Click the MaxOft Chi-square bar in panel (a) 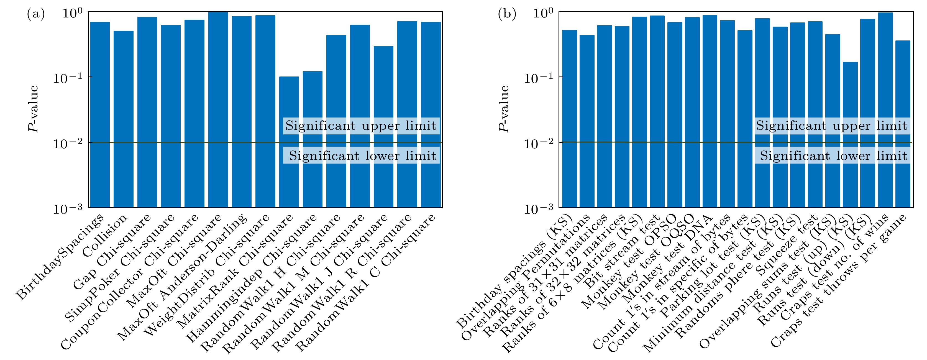coord(218,108)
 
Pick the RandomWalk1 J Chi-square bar coord(384,126)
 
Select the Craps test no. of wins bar coord(885,108)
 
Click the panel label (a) coord(36,14)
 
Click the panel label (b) coord(507,14)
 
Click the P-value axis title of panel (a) coord(34,109)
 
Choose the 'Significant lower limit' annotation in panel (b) coord(833,155)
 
